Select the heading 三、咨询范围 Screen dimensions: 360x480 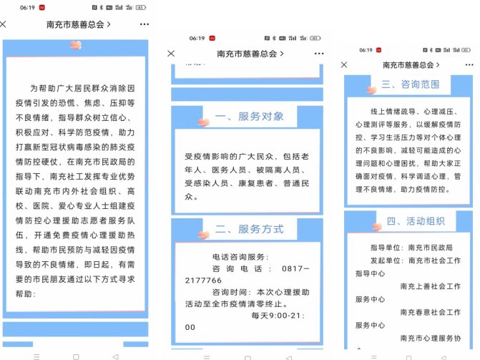pos(410,84)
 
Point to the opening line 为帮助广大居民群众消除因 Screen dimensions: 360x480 pos(82,88)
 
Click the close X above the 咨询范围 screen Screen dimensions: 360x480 pos(344,64)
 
